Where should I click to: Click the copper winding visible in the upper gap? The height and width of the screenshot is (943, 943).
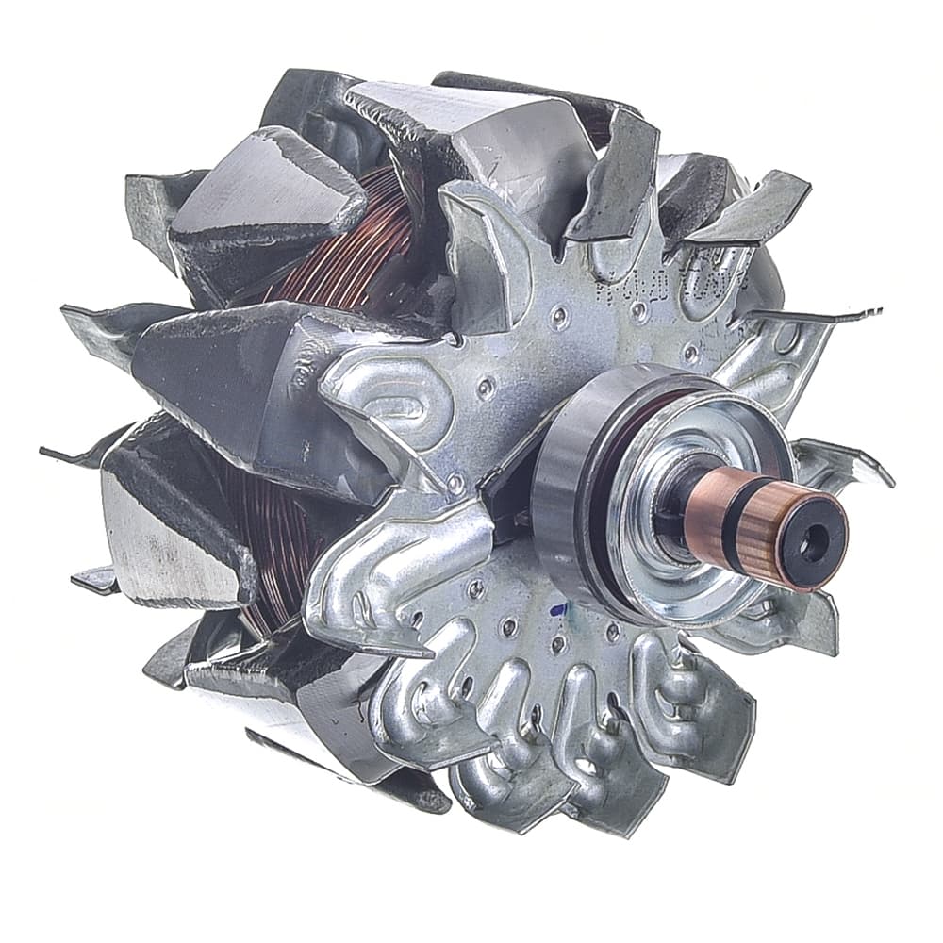(368, 236)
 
